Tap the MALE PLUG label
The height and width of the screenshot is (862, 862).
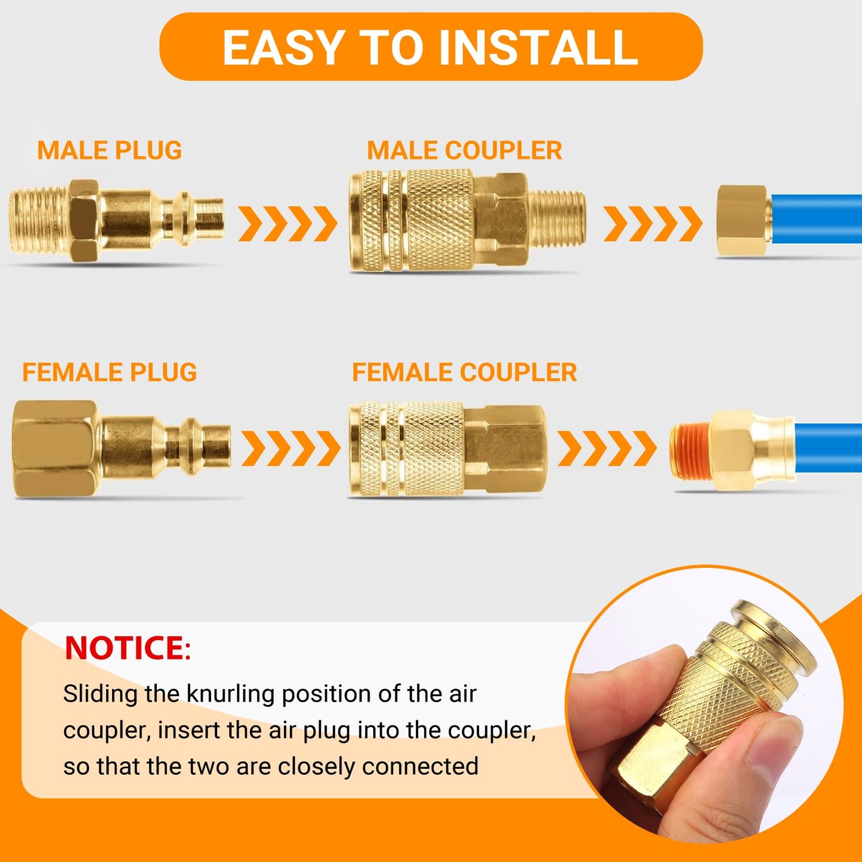[x=109, y=150]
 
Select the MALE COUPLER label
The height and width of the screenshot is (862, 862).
[x=464, y=150]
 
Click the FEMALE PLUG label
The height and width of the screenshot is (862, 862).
[x=109, y=372]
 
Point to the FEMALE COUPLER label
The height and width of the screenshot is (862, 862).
[x=464, y=372]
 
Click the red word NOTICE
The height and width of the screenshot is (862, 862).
[x=125, y=648]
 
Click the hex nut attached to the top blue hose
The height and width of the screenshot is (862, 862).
[x=741, y=221]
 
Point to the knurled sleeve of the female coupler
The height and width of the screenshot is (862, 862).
[x=432, y=449]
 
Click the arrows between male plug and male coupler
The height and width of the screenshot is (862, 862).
[x=288, y=224]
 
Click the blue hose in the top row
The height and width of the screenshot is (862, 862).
[x=817, y=219]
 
